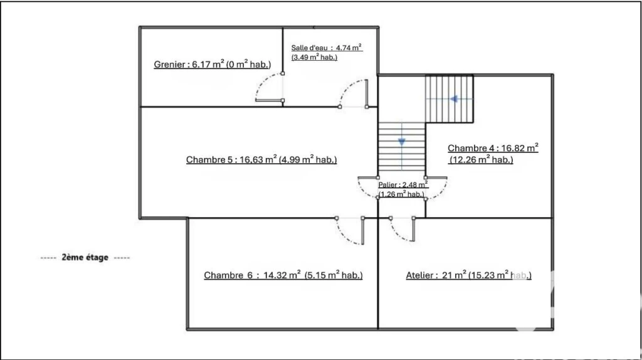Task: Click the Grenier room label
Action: coord(212,65)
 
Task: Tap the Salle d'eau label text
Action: coord(326,53)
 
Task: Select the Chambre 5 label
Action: coord(261,159)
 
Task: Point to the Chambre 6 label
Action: coord(283,275)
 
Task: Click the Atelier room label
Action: coord(468,275)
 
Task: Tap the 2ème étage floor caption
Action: coord(85,257)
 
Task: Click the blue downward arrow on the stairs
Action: coord(402,142)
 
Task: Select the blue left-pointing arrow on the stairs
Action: coord(454,98)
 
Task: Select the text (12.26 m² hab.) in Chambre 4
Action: coord(481,159)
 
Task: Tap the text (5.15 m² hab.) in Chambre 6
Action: coord(334,275)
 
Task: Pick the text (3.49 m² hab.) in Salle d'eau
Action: coord(315,57)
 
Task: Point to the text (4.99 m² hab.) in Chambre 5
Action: coord(307,159)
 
